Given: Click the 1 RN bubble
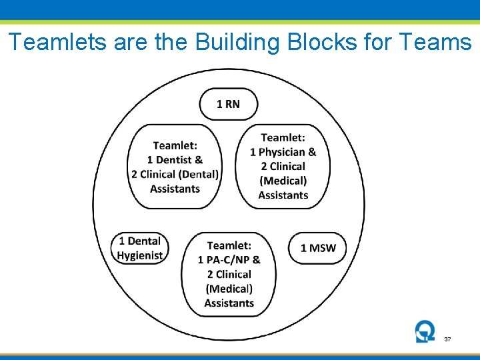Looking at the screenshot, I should (x=228, y=104).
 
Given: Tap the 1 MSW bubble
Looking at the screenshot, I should (x=318, y=248).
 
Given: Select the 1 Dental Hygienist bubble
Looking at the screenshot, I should (x=140, y=248).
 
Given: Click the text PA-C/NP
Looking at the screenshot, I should (x=228, y=260).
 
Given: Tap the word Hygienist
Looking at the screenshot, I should (x=140, y=255).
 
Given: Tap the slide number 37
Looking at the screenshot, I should (x=447, y=340).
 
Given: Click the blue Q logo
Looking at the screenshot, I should (x=424, y=331).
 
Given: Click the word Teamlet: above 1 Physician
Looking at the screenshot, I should (x=283, y=137).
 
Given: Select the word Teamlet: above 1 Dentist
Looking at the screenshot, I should (x=175, y=145).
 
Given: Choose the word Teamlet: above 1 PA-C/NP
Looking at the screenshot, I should (x=229, y=245).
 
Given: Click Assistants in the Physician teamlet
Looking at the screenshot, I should (x=283, y=195).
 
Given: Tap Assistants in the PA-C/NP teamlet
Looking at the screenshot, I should (x=229, y=303).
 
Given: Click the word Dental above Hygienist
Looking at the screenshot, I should (x=144, y=241).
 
